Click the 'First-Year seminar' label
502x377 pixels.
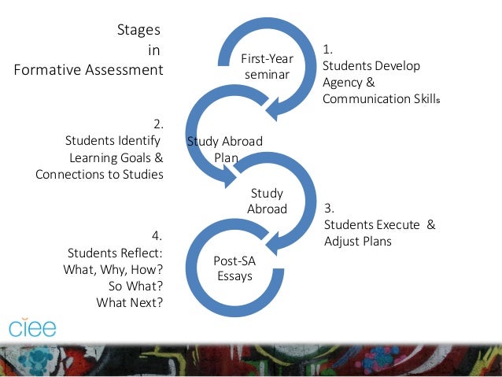(266, 66)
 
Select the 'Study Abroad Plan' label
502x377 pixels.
(225, 149)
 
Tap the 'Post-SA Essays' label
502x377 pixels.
(234, 268)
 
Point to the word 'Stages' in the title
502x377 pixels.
(139, 31)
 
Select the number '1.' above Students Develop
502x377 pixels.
(327, 50)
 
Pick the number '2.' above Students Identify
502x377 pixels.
(158, 124)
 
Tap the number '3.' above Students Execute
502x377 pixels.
(330, 209)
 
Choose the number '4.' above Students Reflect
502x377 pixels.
(157, 235)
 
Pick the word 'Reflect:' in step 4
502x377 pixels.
(139, 253)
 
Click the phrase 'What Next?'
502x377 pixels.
(129, 301)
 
